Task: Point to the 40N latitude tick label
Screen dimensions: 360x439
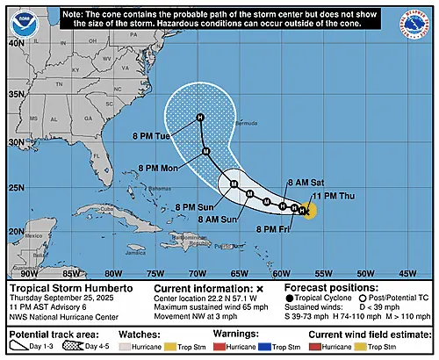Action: click(x=15, y=42)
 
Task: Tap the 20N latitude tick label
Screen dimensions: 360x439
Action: click(x=15, y=231)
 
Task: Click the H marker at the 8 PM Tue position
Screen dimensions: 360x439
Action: click(x=200, y=118)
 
